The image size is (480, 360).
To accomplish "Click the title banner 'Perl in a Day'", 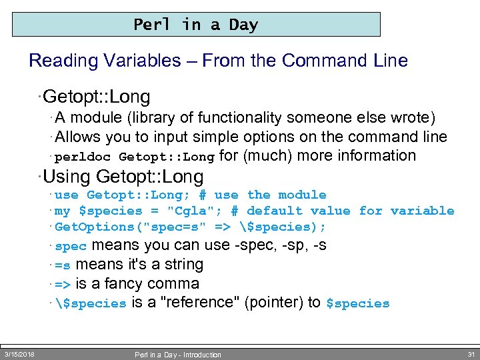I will (x=195, y=25).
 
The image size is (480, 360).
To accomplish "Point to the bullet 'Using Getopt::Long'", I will (x=123, y=177).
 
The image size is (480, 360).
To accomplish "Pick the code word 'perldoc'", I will (x=83, y=157).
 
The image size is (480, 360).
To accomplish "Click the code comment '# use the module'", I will (x=263, y=195).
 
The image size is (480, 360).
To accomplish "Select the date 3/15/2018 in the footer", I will (x=19, y=354).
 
